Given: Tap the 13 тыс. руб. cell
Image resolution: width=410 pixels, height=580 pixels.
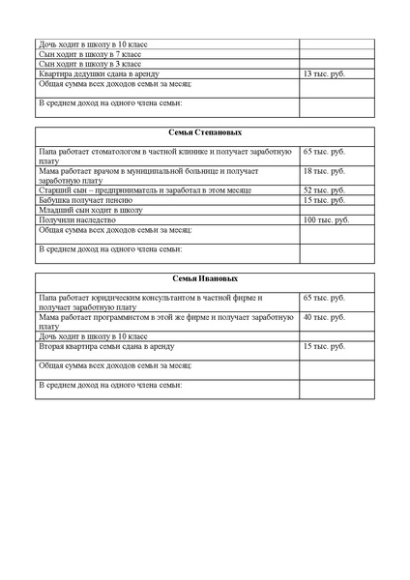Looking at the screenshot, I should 322,73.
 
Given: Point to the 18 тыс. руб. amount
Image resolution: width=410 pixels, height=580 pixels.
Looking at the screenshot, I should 323,171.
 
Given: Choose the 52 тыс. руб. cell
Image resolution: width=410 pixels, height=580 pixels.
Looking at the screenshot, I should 323,190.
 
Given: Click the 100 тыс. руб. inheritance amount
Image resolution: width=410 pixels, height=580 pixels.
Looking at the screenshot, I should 325,219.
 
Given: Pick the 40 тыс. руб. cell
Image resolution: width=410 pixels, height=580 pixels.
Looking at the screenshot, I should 323,317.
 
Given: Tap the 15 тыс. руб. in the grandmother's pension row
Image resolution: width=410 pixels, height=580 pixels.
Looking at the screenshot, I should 323,200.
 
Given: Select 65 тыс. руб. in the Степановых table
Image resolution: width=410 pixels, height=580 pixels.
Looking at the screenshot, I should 323,152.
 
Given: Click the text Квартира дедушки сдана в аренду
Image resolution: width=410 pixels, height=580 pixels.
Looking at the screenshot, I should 105,73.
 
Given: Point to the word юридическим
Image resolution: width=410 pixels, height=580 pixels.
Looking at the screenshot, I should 119,298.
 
